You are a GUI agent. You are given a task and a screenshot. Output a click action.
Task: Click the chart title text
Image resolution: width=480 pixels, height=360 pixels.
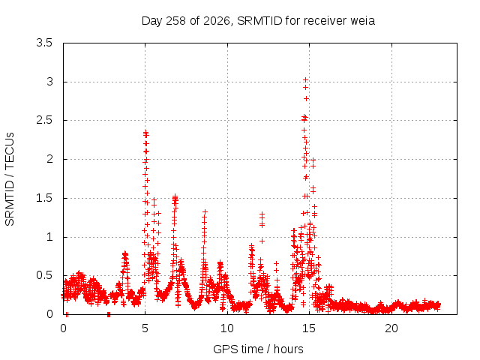click(258, 21)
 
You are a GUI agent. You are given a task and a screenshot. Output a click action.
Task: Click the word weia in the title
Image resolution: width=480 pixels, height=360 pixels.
click(362, 21)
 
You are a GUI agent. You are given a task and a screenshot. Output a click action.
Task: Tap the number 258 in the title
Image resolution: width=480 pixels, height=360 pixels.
click(175, 21)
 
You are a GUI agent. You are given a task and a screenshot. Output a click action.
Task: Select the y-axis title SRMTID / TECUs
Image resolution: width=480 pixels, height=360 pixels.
click(10, 179)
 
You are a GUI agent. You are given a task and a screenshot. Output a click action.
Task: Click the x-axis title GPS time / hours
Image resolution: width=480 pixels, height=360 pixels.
click(258, 349)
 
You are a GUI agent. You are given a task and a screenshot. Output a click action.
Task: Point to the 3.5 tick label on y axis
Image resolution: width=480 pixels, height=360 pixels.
click(44, 43)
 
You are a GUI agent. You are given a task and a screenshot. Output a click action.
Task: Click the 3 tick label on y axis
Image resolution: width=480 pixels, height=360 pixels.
click(49, 82)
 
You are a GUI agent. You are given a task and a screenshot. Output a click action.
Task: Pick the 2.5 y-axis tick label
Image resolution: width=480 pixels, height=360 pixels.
click(44, 120)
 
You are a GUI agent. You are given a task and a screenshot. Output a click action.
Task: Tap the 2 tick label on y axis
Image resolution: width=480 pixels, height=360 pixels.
click(49, 159)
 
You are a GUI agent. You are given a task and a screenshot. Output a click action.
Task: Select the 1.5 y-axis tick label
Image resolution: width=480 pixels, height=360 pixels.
click(44, 198)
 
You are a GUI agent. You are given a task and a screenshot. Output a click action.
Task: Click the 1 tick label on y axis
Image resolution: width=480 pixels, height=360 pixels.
click(49, 237)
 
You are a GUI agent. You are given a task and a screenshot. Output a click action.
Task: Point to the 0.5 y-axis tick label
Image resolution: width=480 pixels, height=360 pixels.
click(44, 275)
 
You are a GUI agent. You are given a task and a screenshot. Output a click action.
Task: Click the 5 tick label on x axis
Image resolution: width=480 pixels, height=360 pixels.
click(145, 328)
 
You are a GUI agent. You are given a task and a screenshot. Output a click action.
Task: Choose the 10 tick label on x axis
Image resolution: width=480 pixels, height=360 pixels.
click(227, 328)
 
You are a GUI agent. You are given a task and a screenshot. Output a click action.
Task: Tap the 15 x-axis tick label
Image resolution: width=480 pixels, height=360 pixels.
click(309, 328)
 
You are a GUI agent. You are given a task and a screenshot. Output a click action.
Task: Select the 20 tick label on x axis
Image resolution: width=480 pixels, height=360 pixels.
click(391, 328)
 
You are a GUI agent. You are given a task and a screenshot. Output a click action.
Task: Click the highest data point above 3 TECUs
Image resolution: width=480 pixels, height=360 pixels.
click(305, 80)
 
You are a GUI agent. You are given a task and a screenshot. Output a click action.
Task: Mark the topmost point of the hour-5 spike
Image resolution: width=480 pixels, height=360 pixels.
click(145, 132)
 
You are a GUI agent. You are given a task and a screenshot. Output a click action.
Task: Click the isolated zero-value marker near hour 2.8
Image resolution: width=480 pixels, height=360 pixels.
click(109, 314)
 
